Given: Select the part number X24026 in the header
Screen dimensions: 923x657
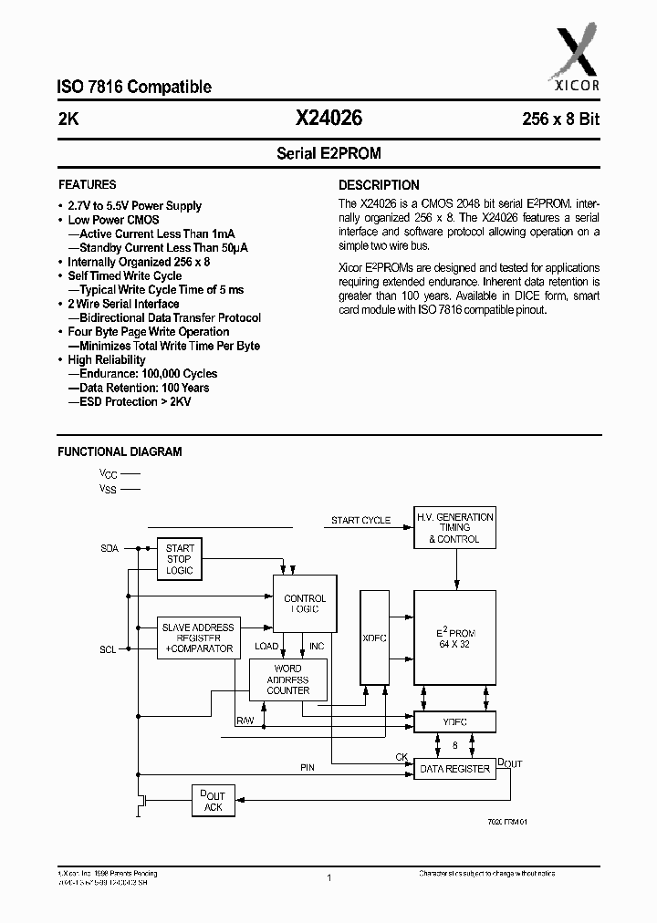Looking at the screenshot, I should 328,118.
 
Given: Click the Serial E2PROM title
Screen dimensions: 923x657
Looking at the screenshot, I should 328,154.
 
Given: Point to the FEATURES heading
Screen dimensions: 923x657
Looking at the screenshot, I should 88,184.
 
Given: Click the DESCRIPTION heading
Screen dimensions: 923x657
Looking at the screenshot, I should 380,184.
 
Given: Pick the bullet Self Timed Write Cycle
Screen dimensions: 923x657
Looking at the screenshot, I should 125,275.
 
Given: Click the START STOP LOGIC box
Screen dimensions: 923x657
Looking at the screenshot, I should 180,559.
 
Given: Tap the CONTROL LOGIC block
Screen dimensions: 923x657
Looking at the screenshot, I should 305,604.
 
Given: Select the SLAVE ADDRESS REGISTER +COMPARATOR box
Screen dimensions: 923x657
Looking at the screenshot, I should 198,638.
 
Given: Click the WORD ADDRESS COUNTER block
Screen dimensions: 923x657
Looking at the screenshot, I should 287,679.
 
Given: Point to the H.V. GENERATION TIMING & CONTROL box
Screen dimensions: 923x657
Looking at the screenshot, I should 454,528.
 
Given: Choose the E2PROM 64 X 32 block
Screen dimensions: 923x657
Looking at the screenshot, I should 454,638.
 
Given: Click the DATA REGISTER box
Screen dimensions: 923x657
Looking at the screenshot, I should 454,769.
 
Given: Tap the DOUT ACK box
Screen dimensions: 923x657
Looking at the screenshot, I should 213,802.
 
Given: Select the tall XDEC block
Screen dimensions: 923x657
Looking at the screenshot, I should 374,638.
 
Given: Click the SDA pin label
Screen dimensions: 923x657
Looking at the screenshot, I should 109,549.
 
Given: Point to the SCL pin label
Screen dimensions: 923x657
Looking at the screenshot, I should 108,649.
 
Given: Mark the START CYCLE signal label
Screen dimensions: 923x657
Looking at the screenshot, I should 360,521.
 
